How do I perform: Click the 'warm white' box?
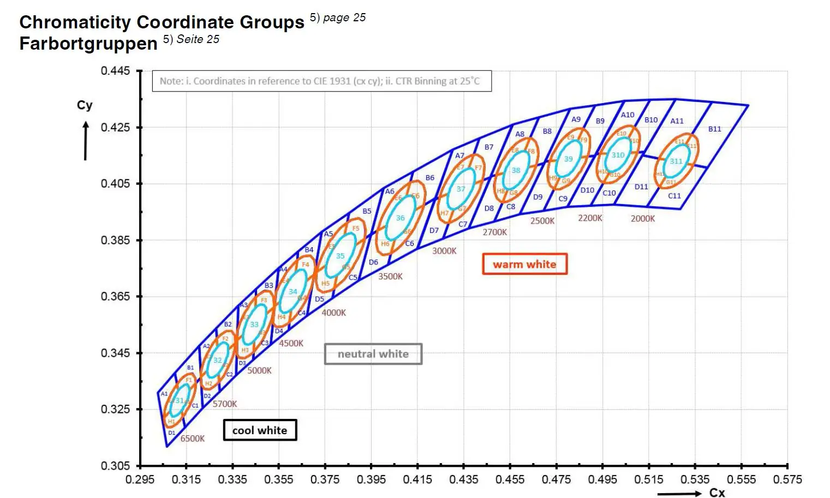[x=524, y=264]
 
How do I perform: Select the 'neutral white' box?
[x=373, y=354]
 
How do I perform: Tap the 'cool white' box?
[x=260, y=430]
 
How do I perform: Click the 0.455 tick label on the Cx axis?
[x=510, y=479]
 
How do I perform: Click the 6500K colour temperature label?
[x=193, y=439]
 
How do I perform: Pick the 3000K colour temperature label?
[x=444, y=251]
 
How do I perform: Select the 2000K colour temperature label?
[x=643, y=219]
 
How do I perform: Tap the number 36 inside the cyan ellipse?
[x=400, y=218]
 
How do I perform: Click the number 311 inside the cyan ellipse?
[x=676, y=161]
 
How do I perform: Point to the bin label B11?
[x=715, y=129]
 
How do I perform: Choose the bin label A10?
[x=628, y=115]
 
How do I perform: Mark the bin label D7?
[x=434, y=231]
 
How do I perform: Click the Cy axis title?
[x=85, y=105]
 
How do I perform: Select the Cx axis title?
[x=717, y=493]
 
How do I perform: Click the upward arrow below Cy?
[x=86, y=141]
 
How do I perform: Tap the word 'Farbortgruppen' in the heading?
[x=88, y=43]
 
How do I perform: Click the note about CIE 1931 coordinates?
[x=321, y=81]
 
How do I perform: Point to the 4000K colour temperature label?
[x=333, y=313]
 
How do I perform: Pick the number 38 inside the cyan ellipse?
[x=516, y=170]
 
